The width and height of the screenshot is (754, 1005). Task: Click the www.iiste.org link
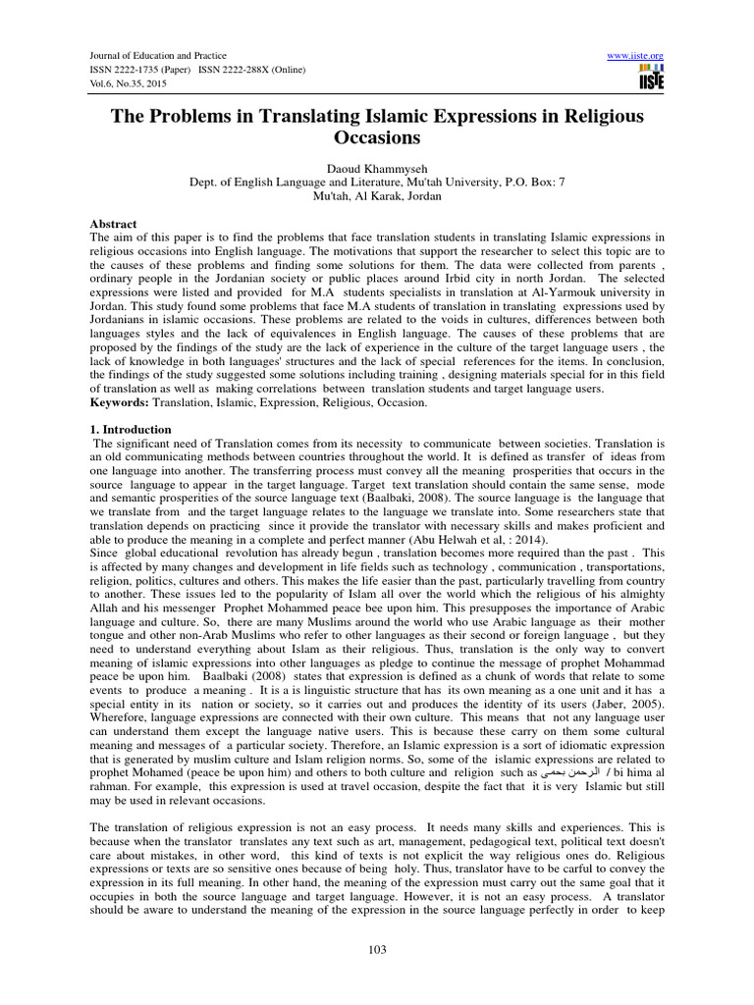point(637,55)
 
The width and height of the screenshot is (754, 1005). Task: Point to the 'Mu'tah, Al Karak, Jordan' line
point(377,195)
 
